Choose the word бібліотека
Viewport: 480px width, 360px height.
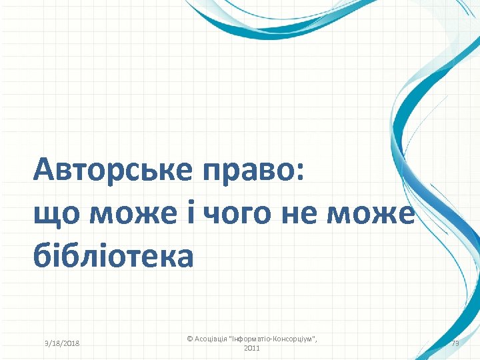coord(113,255)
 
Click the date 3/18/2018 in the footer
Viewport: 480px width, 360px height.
coord(61,343)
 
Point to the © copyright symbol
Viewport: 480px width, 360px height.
coord(189,339)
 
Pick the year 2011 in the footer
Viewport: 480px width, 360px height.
coord(252,349)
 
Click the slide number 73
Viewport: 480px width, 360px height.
coord(455,343)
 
